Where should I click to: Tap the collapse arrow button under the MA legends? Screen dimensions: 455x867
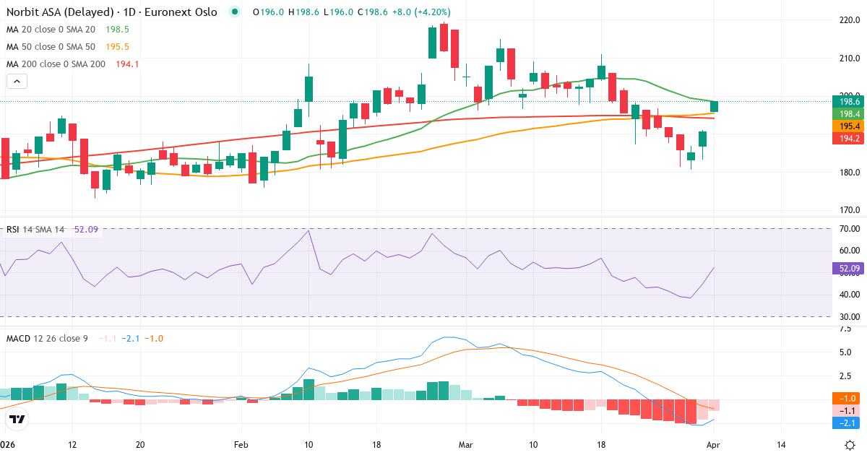click(x=17, y=81)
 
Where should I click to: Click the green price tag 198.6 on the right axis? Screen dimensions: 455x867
click(x=847, y=102)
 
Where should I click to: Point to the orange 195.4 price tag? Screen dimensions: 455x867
click(x=847, y=126)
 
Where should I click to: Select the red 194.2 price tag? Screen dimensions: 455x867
click(x=847, y=138)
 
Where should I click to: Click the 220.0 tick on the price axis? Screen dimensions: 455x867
click(x=847, y=20)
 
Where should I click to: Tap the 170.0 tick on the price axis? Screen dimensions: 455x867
click(x=847, y=210)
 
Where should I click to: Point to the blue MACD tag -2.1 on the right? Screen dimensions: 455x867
click(x=847, y=422)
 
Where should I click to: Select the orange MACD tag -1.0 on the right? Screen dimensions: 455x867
click(x=847, y=398)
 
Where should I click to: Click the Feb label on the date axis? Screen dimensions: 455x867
click(x=241, y=444)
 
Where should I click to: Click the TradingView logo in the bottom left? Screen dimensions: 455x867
click(x=17, y=419)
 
